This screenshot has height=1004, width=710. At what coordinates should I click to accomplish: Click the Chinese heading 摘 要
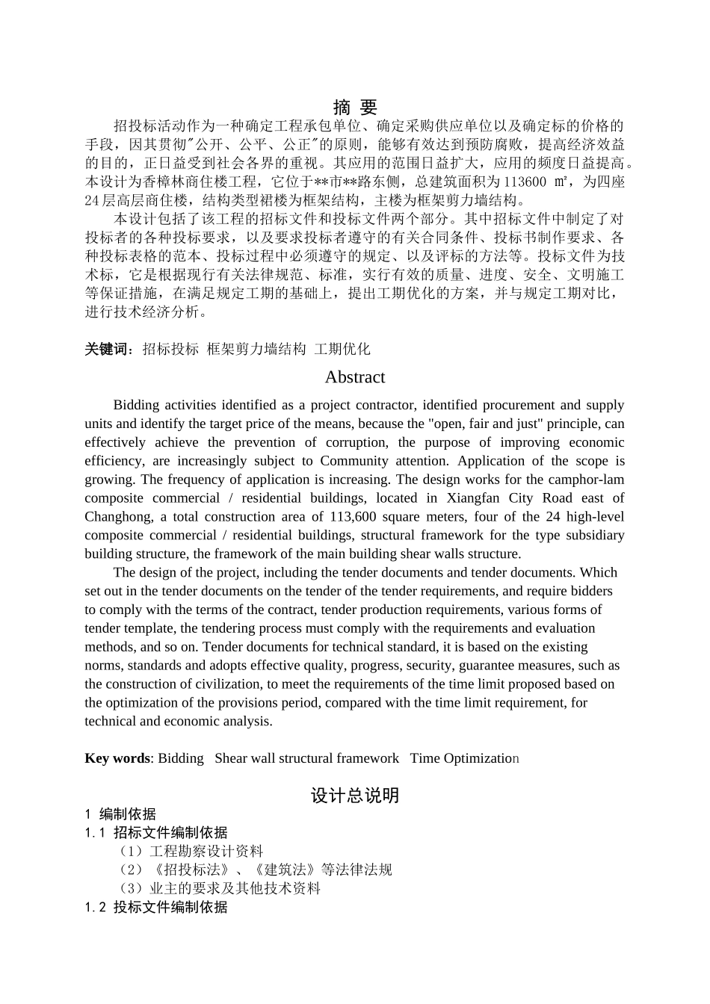[x=354, y=107]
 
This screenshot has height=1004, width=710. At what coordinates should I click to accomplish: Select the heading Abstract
[x=355, y=377]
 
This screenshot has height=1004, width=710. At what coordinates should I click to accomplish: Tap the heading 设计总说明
[x=355, y=796]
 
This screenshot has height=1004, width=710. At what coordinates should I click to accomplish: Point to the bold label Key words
[x=117, y=758]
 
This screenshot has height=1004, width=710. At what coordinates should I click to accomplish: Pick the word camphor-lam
[x=586, y=480]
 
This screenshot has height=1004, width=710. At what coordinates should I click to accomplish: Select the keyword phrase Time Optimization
[x=463, y=758]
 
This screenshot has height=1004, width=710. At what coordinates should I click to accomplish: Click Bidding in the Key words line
[x=181, y=758]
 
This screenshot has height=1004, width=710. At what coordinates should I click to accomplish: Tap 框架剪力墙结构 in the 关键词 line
[x=256, y=349]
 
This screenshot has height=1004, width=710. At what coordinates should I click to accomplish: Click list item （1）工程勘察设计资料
[x=191, y=852]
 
